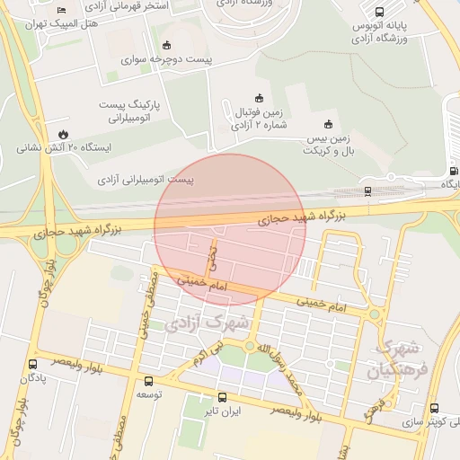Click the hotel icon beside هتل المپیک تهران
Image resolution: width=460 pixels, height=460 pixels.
pyautogui.click(x=61, y=11)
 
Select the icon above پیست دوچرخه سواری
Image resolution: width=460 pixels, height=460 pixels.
pyautogui.click(x=165, y=46)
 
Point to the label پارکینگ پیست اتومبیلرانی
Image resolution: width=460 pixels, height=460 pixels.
pyautogui.click(x=132, y=111)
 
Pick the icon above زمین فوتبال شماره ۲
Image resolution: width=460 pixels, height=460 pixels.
pyautogui.click(x=261, y=98)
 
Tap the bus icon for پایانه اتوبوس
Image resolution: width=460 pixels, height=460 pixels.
pyautogui.click(x=379, y=13)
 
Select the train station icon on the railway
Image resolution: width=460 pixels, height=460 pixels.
pyautogui.click(x=368, y=190)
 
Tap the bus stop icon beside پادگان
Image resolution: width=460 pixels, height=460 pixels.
pyautogui.click(x=33, y=365)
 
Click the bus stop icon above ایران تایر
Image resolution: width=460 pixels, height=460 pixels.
pyautogui.click(x=222, y=397)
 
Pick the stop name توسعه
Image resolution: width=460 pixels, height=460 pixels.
pyautogui.click(x=148, y=394)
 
